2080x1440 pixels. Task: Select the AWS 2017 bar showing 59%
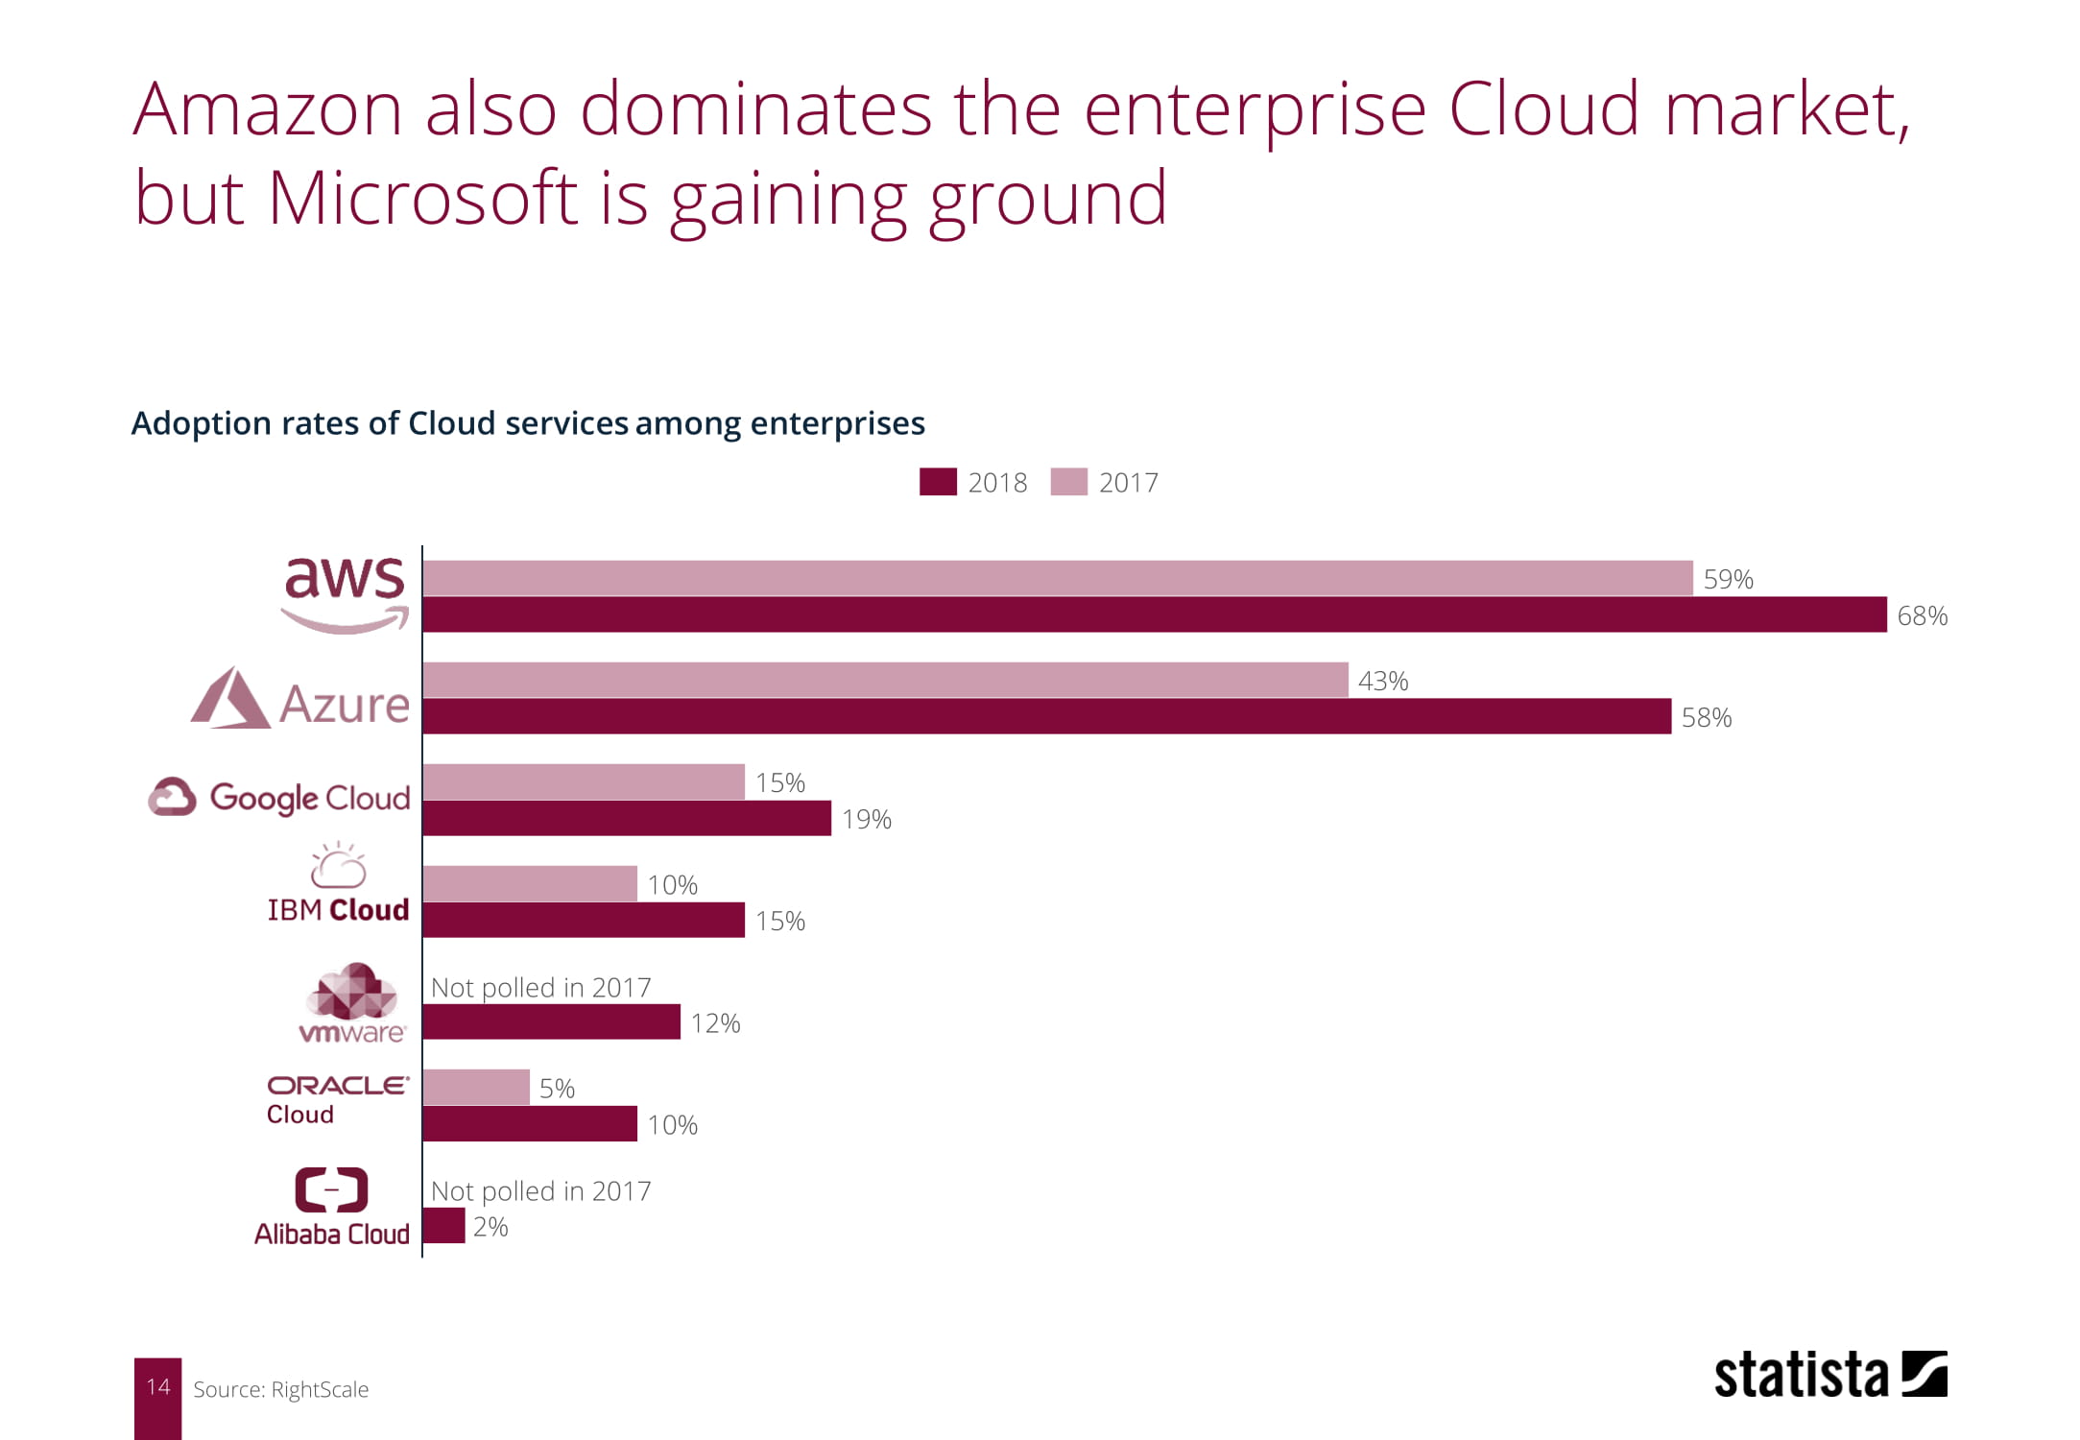click(1057, 578)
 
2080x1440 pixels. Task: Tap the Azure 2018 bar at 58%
click(1046, 716)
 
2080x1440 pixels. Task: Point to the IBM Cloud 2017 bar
click(529, 883)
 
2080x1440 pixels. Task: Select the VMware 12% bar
click(551, 1021)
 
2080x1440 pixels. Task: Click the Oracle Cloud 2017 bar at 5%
click(475, 1087)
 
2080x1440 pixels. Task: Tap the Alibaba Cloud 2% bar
click(443, 1225)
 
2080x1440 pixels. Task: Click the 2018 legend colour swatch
click(938, 482)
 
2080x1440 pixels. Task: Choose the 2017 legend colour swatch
click(1068, 482)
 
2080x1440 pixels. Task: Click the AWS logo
click(345, 592)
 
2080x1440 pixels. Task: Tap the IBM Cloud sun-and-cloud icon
click(338, 866)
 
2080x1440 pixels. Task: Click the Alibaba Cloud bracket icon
click(331, 1190)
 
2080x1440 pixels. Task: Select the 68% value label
click(1922, 616)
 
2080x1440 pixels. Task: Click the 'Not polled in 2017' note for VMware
click(540, 987)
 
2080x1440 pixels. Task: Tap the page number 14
click(157, 1387)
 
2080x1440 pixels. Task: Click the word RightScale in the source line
click(320, 1390)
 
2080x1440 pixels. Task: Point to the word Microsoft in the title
click(422, 199)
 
